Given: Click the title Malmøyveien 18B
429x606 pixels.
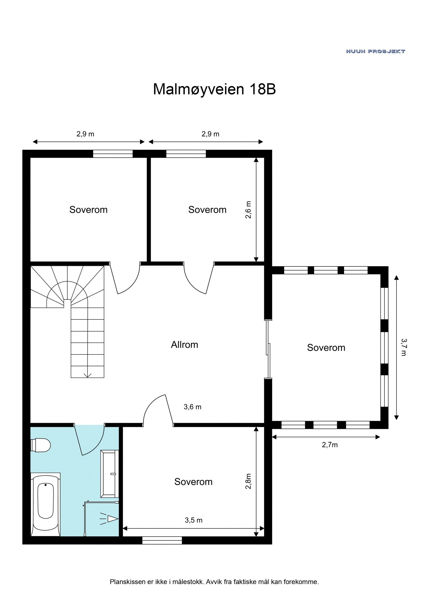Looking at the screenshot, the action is coord(214,89).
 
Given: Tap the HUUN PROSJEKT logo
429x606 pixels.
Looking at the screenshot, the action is coord(375,51).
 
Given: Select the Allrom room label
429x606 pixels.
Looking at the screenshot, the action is coord(184,345).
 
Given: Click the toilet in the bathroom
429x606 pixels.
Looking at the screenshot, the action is coord(40,445).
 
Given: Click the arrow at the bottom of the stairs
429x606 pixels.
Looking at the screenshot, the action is coord(87,375).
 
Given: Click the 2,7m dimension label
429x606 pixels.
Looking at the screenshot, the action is coord(330,445).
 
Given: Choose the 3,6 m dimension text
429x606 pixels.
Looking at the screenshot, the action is coord(192,407).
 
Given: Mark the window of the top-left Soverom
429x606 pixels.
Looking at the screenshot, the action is coord(113,154).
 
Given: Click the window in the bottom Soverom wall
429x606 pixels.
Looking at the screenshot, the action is coord(162,540).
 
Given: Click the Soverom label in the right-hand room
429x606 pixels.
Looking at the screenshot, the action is coord(326,348).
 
